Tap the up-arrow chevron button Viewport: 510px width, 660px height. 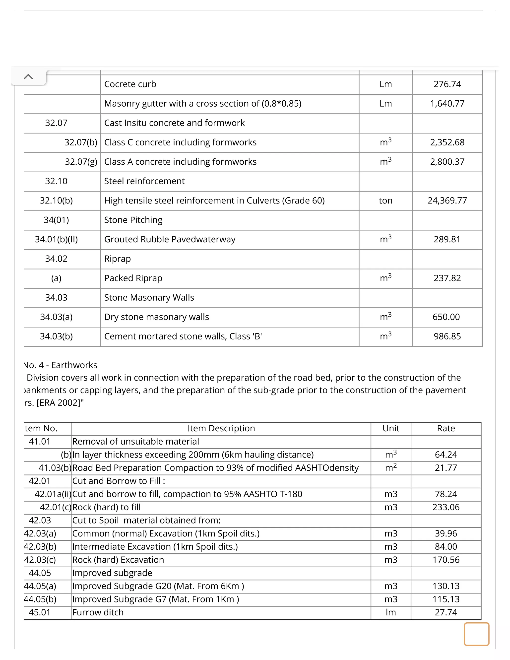pos(28,77)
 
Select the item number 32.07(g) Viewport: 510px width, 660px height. pos(81,162)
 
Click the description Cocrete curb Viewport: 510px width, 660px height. pos(130,84)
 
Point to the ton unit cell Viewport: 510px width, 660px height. pos(385,201)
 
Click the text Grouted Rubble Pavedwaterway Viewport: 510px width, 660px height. pos(170,239)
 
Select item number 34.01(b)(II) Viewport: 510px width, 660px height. pos(56,239)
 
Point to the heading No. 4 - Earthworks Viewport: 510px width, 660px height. pos(61,365)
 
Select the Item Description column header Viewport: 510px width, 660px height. pos(221,429)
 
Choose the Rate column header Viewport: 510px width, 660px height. pos(446,429)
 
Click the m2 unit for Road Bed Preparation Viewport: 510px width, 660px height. pos(390,467)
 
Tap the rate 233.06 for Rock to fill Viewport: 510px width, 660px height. pos(446,507)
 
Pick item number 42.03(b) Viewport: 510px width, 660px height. pos(40,547)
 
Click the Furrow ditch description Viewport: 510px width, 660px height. pos(98,613)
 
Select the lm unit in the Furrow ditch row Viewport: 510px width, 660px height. pos(390,613)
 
